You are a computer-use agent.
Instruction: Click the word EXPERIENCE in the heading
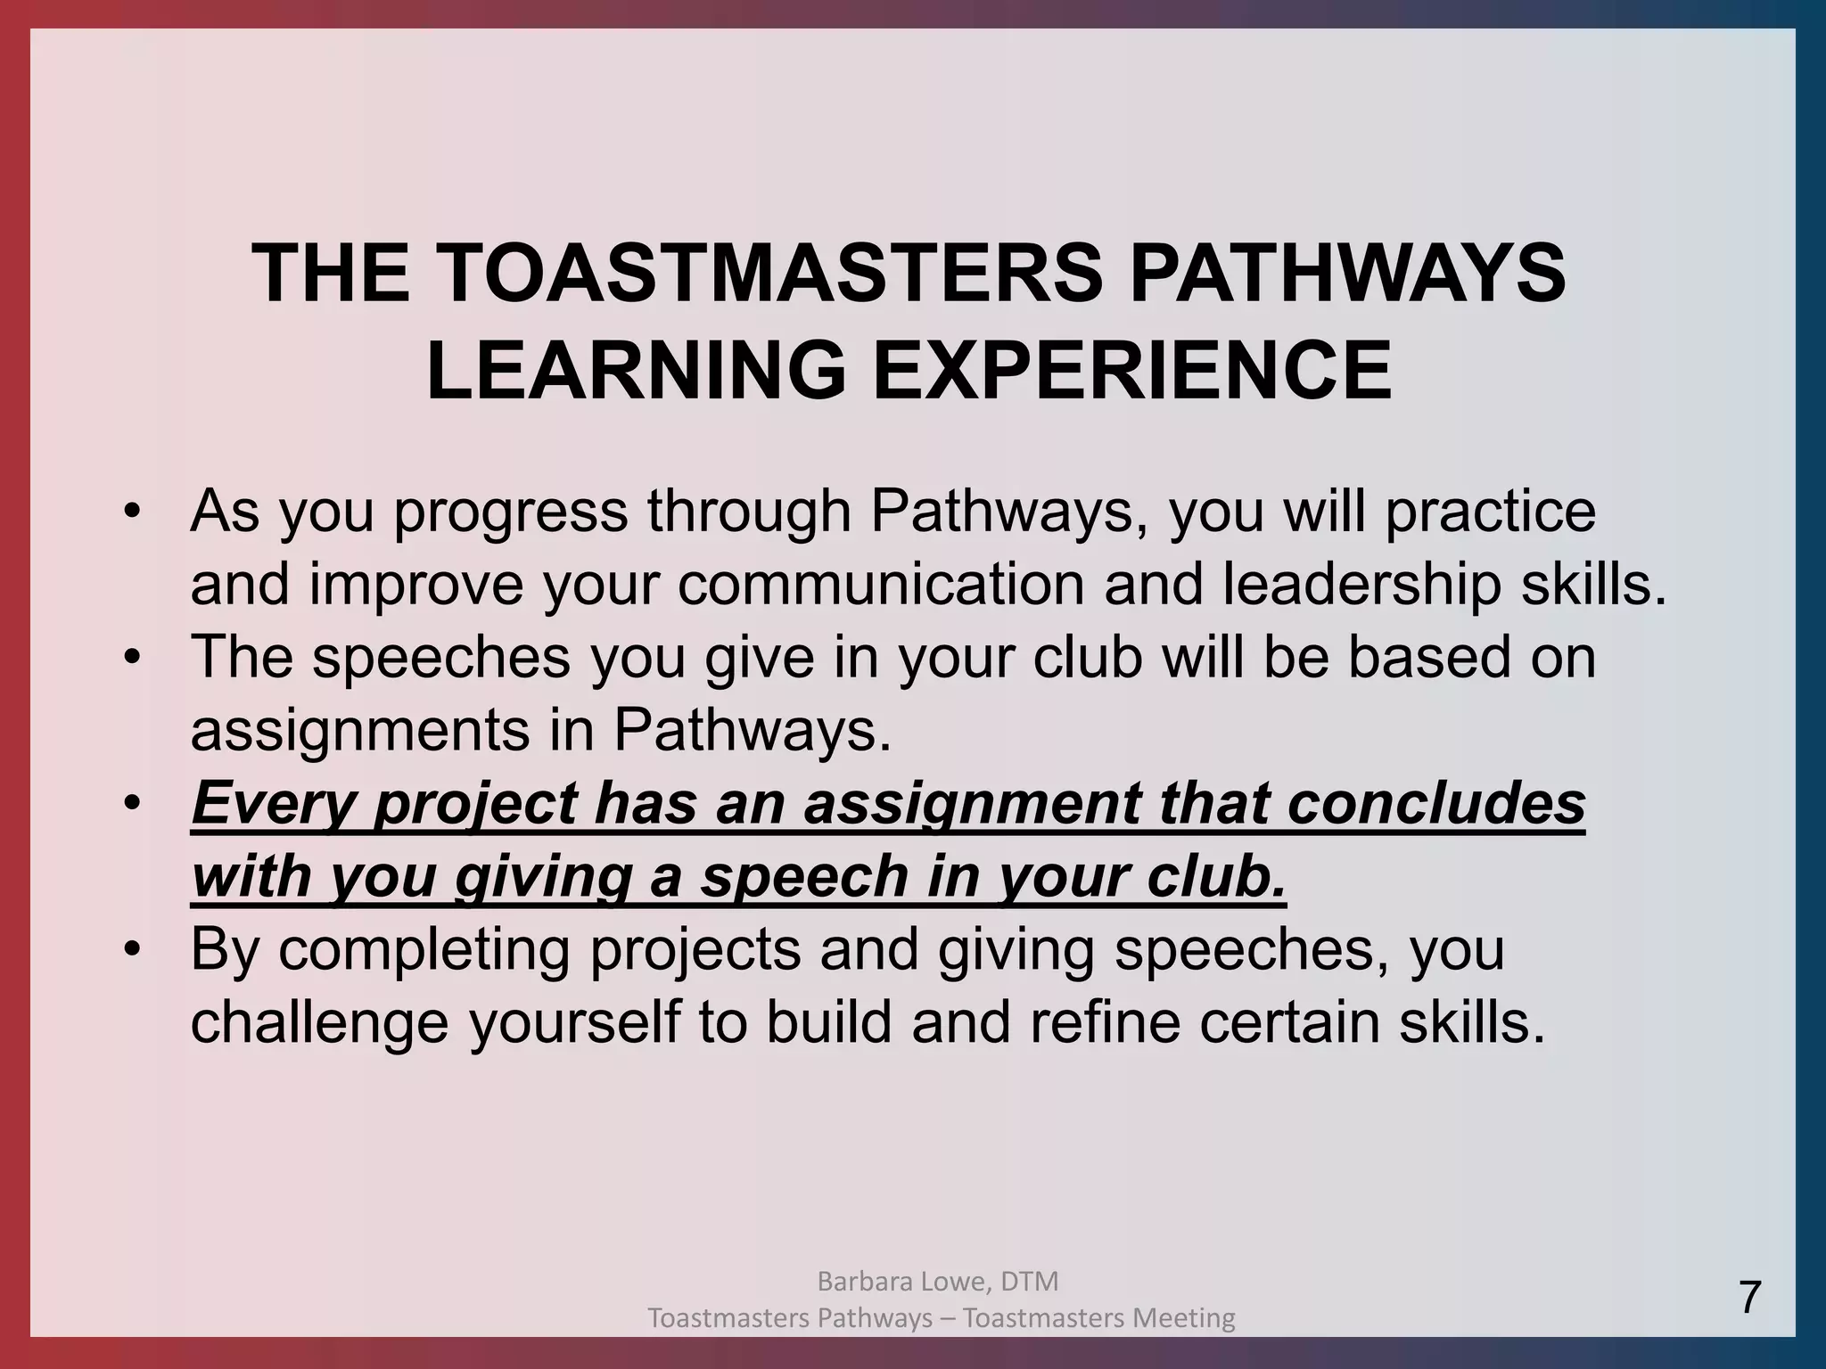pos(1132,371)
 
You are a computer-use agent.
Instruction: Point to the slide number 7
pos(1750,1297)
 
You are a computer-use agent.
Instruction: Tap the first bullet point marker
pos(133,512)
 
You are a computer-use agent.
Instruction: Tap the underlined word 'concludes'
pos(1436,803)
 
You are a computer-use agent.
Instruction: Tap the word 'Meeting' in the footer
pos(1185,1317)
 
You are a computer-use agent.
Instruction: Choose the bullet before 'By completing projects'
pos(133,951)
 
